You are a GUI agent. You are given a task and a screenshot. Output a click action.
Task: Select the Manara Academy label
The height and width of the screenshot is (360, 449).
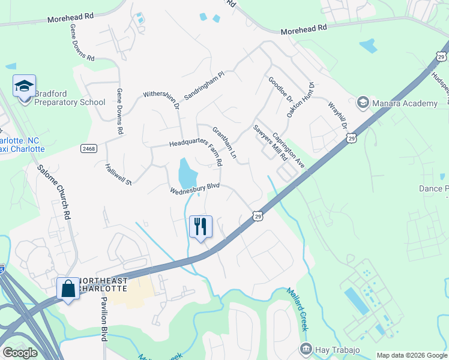click(x=405, y=104)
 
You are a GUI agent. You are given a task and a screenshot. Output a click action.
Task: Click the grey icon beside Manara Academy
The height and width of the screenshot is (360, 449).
click(x=363, y=103)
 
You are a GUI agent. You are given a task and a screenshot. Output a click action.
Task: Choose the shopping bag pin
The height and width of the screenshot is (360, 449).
click(x=68, y=288)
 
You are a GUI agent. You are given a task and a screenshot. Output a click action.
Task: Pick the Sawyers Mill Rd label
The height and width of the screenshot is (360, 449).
click(x=270, y=142)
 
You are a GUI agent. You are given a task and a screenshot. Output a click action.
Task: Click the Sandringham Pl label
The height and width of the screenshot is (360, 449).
click(x=204, y=86)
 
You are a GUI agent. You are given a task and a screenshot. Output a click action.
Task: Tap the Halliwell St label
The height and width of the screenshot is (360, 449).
click(x=118, y=173)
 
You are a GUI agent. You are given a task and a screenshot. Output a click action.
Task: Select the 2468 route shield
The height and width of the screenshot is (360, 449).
click(x=88, y=148)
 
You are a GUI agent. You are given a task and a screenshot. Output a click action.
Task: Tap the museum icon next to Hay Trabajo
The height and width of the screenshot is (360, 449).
click(x=306, y=349)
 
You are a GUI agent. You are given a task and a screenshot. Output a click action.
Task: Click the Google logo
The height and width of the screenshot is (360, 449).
click(x=20, y=353)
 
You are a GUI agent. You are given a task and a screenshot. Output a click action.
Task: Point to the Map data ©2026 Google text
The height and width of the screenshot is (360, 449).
click(x=411, y=355)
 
